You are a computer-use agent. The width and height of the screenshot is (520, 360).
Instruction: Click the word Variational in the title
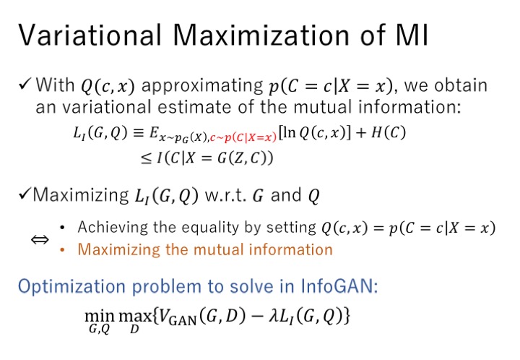90,35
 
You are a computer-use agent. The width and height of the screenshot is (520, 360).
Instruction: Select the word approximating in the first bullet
202,86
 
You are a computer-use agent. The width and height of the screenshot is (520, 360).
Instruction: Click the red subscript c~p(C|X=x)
243,137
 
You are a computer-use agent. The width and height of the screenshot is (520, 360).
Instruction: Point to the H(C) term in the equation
388,133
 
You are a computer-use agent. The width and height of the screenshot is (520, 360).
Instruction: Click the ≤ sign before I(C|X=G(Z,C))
146,158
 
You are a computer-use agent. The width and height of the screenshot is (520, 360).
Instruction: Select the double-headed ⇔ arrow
40,239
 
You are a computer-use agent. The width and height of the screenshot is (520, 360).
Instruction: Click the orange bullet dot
62,250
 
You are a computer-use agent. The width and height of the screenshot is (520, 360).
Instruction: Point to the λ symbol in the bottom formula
273,316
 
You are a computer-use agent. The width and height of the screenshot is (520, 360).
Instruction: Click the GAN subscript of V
183,320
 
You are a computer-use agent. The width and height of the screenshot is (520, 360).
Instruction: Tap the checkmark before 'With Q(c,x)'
25,84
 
